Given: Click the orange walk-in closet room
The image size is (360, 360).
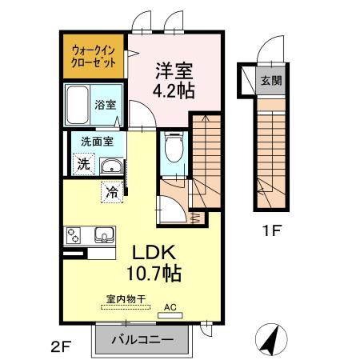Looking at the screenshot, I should pyautogui.click(x=94, y=56).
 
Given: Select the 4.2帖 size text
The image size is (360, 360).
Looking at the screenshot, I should pyautogui.click(x=174, y=91).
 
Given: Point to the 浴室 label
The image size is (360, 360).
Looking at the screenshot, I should pyautogui.click(x=106, y=104).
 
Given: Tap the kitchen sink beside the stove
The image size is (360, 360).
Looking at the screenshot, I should pyautogui.click(x=102, y=235).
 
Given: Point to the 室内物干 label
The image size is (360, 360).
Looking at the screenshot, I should pyautogui.click(x=126, y=300).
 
